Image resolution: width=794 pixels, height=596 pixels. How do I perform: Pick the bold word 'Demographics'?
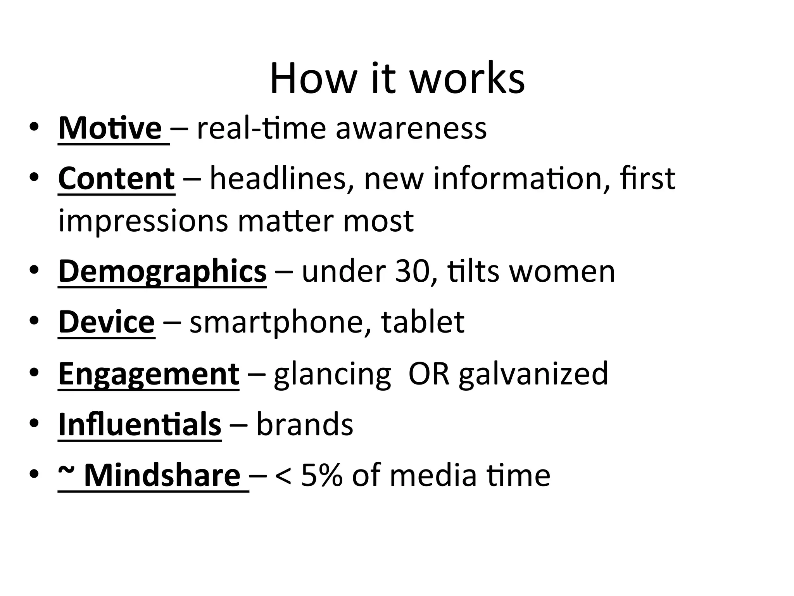(162, 271)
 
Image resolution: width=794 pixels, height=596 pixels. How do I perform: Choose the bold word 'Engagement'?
(149, 373)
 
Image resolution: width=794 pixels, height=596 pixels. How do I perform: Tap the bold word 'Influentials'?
(140, 424)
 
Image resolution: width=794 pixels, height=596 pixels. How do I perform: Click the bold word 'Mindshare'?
(162, 475)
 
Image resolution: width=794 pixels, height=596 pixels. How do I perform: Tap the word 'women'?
(562, 271)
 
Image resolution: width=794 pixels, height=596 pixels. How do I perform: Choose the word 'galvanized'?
(533, 373)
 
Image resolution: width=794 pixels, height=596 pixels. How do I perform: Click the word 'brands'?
(305, 424)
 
